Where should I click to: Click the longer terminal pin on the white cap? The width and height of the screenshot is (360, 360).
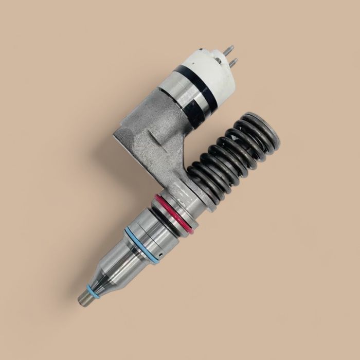[230, 50]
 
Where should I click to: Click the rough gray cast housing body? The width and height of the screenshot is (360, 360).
[154, 144]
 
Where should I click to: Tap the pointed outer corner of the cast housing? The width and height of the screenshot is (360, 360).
[115, 135]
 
